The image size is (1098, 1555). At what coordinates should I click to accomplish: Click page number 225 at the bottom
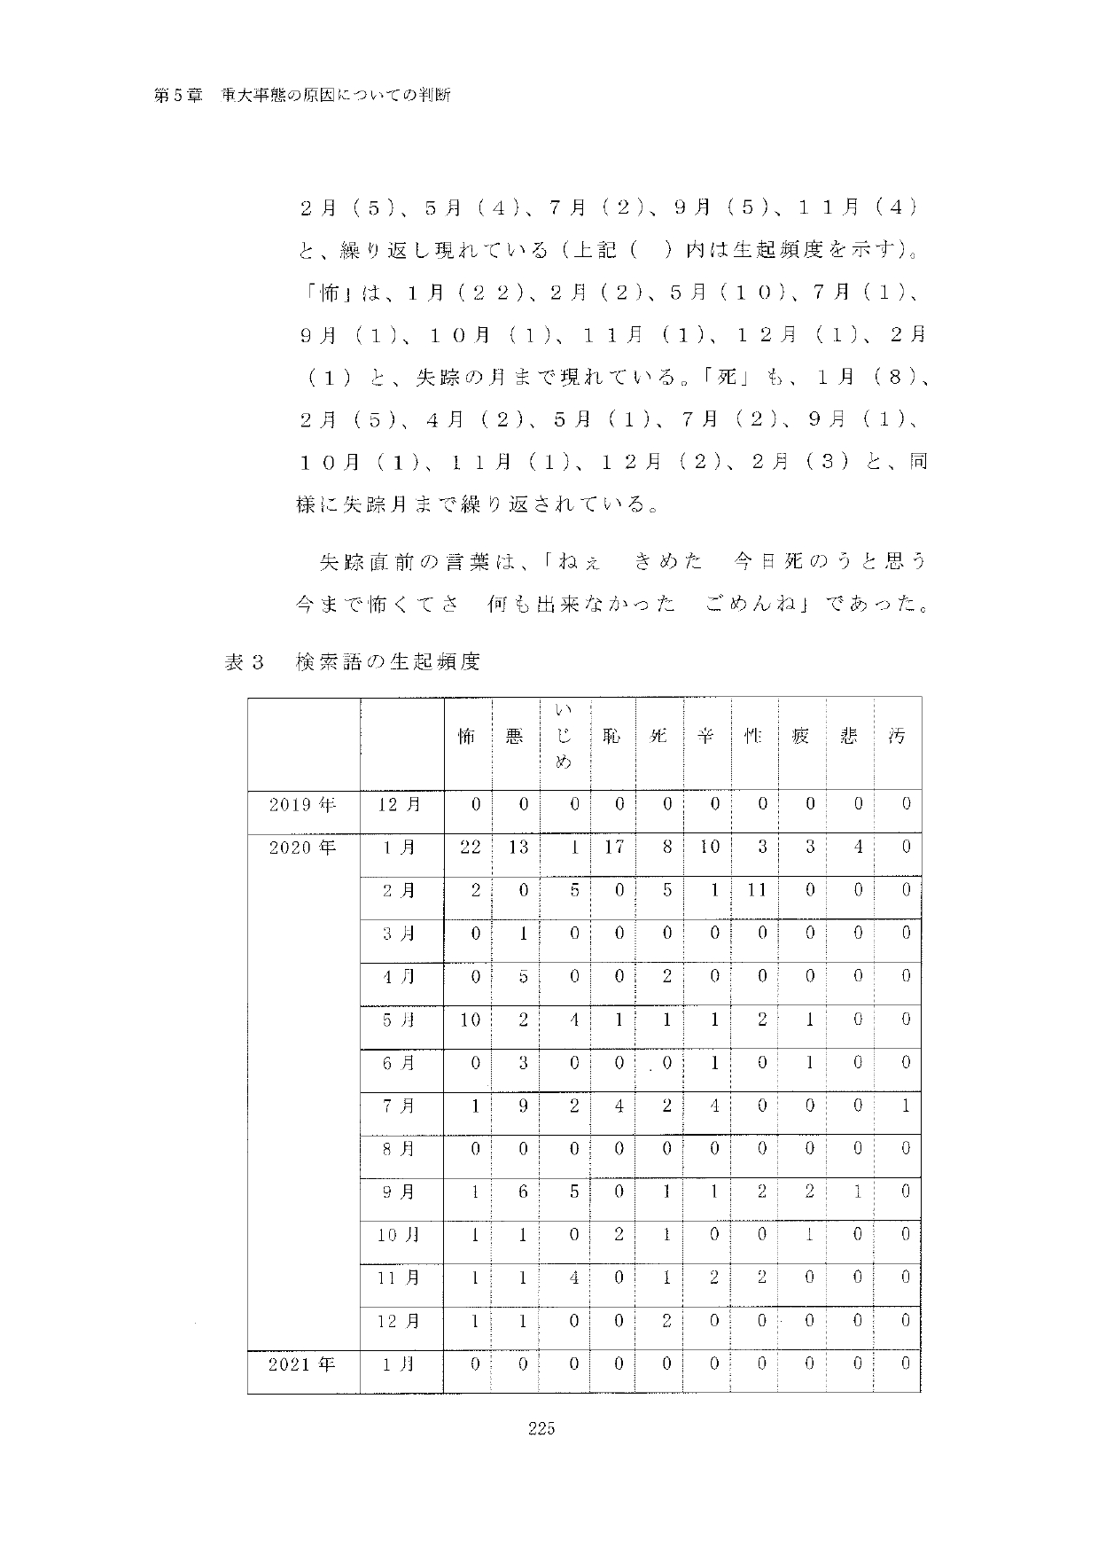(541, 1452)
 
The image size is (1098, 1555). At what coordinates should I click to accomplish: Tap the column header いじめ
(563, 736)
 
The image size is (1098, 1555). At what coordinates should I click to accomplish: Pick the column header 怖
(467, 736)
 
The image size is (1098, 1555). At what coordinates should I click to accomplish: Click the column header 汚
(897, 736)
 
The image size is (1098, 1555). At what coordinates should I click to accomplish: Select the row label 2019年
(303, 805)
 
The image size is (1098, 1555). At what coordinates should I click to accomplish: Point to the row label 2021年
(303, 1364)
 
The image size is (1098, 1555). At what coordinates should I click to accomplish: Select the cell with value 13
(518, 848)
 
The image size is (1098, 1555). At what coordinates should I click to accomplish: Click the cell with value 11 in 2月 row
(756, 890)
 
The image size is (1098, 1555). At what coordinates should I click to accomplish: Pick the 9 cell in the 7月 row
(523, 1106)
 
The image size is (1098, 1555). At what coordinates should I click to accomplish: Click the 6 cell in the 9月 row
(523, 1192)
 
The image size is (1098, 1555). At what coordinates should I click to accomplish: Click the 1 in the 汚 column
(906, 1106)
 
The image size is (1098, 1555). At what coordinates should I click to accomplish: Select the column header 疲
(801, 736)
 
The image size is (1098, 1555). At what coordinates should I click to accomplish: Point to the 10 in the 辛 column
(709, 848)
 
